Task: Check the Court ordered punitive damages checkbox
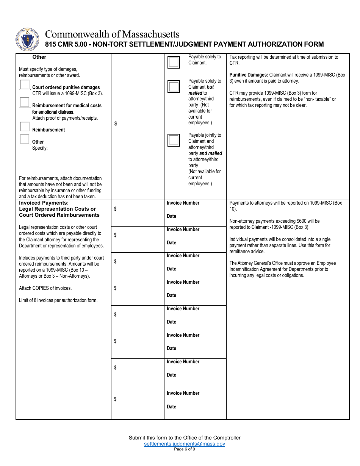(25, 84)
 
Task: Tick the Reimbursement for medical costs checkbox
(25, 102)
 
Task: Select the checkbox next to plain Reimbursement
(25, 127)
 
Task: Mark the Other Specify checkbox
(25, 139)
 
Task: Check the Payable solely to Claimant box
(174, 62)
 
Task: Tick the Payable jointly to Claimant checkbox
(174, 140)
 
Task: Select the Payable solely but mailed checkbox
(174, 87)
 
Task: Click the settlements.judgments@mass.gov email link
(185, 444)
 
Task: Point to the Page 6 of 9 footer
(185, 449)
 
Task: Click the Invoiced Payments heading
(44, 203)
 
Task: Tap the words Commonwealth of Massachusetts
(112, 34)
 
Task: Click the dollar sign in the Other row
(116, 124)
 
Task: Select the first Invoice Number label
(183, 203)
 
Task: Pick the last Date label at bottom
(172, 407)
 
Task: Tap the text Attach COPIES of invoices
(45, 288)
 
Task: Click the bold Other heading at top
(39, 57)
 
